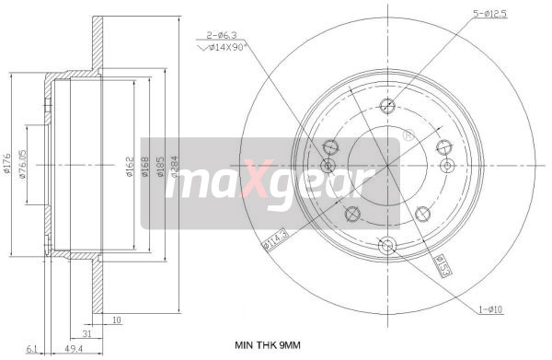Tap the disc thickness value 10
pos(116,320)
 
